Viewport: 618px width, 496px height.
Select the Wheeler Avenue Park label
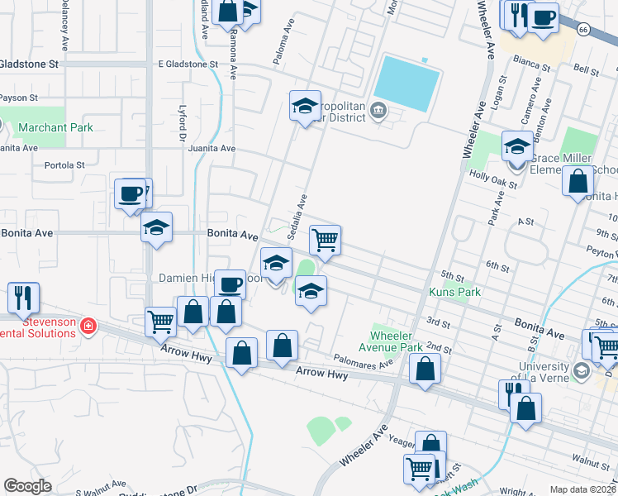click(x=397, y=341)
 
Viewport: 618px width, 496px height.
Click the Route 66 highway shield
click(x=583, y=30)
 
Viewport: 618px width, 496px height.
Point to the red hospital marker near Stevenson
click(x=88, y=328)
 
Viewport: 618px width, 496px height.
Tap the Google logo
click(x=27, y=486)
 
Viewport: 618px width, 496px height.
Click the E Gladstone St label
click(x=188, y=64)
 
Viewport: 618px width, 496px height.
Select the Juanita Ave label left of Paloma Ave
click(x=212, y=149)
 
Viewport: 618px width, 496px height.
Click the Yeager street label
click(x=402, y=442)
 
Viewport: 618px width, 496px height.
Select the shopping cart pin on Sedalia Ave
click(x=325, y=241)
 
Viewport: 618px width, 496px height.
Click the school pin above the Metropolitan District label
click(x=304, y=106)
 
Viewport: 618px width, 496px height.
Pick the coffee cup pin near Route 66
click(x=543, y=18)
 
